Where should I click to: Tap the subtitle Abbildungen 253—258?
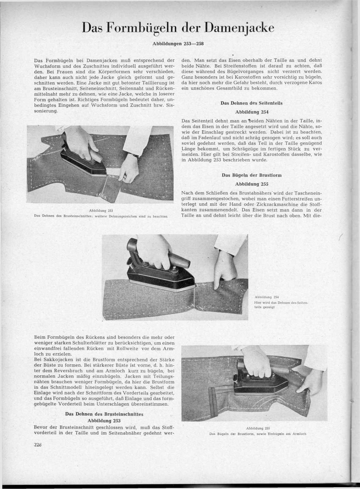click(178, 43)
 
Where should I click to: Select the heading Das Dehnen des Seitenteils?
click(251, 103)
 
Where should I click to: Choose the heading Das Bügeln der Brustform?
click(251, 175)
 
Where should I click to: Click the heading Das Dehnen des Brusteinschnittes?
click(104, 414)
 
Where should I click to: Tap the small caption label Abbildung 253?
click(101, 211)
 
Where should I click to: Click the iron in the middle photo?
click(159, 275)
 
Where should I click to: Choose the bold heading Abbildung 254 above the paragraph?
click(251, 112)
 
